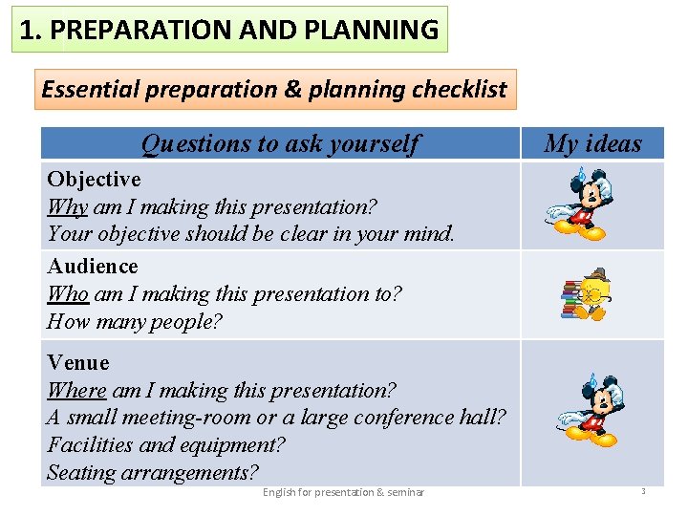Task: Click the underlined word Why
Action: tap(67, 206)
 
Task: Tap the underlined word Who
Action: tap(68, 293)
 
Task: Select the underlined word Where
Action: tap(76, 390)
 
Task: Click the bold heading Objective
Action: tap(94, 179)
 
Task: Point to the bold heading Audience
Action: tap(93, 266)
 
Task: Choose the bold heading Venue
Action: tap(78, 362)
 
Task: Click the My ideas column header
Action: tap(592, 143)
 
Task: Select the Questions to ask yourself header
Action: tap(279, 143)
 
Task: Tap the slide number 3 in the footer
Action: tap(643, 491)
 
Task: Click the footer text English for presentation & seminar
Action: tap(343, 492)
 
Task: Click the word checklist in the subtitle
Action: tap(459, 90)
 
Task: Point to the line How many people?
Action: tap(134, 321)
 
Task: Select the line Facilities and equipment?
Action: tap(165, 444)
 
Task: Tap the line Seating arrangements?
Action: tap(152, 472)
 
